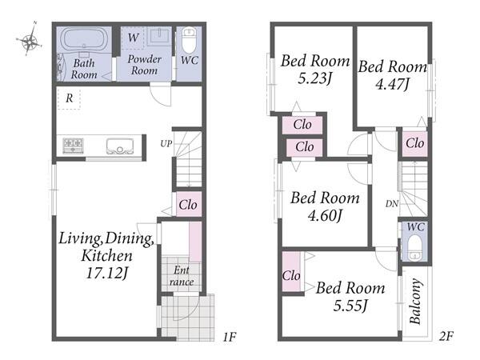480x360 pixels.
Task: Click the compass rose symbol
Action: point(29,38)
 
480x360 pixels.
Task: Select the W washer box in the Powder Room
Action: point(133,38)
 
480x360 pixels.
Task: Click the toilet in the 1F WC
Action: point(189,41)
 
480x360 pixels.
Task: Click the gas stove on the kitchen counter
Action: point(73,146)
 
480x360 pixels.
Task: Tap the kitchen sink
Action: point(120,146)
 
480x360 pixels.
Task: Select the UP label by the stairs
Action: point(166,143)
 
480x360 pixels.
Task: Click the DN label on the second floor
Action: point(392,203)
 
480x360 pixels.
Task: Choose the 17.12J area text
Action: point(106,273)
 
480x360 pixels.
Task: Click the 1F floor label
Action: point(230,337)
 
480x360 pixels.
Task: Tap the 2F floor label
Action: point(446,337)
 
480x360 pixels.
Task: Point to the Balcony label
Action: point(415,302)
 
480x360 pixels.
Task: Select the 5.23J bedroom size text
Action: point(315,78)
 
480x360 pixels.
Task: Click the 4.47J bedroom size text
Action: point(392,84)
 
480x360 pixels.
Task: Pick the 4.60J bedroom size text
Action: point(325,215)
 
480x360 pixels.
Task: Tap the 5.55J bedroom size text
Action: point(350,306)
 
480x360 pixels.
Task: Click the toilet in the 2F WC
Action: point(415,246)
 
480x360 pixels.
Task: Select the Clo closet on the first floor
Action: point(189,204)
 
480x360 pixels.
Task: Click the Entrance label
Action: point(182,276)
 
